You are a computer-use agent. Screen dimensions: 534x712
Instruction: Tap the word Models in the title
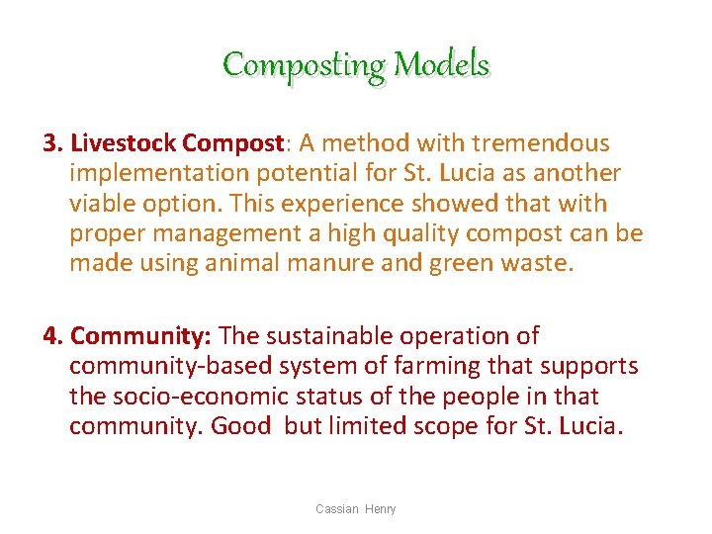click(x=441, y=65)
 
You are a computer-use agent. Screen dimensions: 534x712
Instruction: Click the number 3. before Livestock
click(x=53, y=143)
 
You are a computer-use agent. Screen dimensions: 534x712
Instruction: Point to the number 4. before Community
click(x=53, y=336)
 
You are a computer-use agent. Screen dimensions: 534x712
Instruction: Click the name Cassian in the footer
click(x=336, y=509)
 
